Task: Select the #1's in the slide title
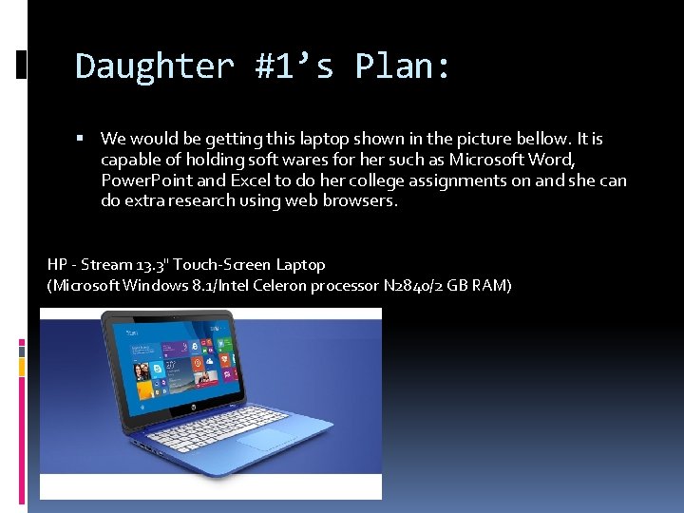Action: [x=295, y=66]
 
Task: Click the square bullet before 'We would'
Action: [x=85, y=139]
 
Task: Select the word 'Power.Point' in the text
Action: [x=146, y=180]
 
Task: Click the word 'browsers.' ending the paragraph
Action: [x=361, y=201]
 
